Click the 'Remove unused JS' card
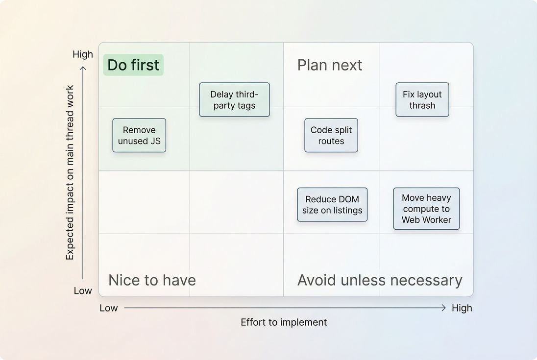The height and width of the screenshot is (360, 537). (x=139, y=135)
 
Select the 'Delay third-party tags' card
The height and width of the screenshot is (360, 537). (x=234, y=99)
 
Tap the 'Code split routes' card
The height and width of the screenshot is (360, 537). (x=331, y=135)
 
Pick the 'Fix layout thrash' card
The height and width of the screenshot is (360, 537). (x=422, y=99)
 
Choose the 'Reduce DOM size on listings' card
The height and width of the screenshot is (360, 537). (x=332, y=205)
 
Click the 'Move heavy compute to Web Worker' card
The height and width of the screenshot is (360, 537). (x=426, y=209)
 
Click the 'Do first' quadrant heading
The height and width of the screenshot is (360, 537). (x=133, y=65)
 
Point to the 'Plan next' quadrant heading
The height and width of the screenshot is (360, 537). (x=330, y=65)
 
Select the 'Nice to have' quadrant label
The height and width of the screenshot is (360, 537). (x=152, y=280)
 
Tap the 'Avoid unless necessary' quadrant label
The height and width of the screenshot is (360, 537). (x=380, y=280)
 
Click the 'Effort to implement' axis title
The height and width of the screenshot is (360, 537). (x=284, y=322)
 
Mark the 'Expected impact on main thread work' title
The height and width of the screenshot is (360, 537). (x=70, y=172)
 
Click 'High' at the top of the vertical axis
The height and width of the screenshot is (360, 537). (x=82, y=54)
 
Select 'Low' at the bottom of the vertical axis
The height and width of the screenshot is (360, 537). (x=82, y=291)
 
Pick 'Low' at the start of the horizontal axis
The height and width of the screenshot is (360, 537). (x=109, y=308)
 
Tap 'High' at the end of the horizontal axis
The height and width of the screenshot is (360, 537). (x=462, y=308)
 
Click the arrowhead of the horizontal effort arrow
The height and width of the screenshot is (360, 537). (x=443, y=308)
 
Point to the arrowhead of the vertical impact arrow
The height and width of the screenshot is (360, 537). (x=83, y=69)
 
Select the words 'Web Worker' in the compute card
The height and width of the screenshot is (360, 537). (x=426, y=220)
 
